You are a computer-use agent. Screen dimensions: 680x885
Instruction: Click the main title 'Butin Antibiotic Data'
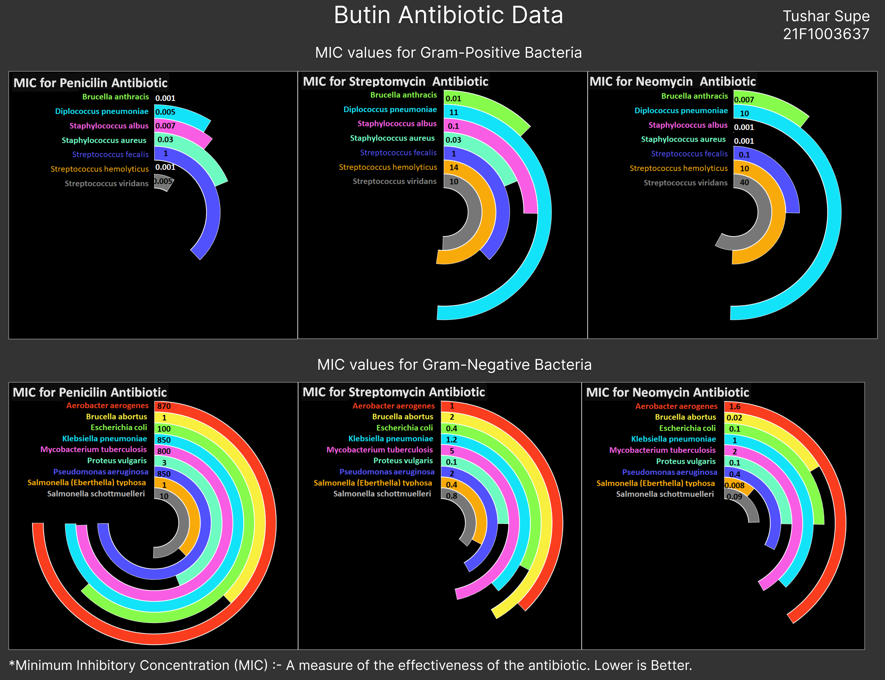point(448,15)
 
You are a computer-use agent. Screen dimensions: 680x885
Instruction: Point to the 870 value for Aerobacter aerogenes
point(164,406)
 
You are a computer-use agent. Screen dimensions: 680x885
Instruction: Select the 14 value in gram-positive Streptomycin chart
point(454,167)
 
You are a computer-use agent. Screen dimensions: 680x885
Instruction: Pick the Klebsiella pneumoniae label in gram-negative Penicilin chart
point(105,438)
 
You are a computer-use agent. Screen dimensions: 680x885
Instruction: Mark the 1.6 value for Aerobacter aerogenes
point(735,406)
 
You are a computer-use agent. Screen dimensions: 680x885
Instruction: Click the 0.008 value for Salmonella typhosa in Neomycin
point(734,485)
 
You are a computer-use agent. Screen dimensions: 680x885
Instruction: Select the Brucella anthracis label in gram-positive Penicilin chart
point(116,97)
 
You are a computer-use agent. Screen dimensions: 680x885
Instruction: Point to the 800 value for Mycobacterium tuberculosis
point(164,451)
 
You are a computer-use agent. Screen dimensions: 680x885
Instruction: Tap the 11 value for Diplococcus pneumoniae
point(454,112)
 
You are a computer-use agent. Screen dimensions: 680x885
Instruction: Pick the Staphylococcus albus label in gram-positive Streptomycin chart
point(397,123)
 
